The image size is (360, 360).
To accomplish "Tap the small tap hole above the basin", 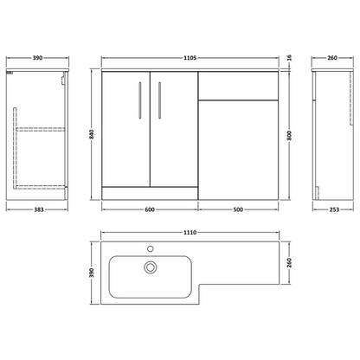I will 150,248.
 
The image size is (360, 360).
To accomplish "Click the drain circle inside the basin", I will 150,267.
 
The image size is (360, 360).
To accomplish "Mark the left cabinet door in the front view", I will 126,130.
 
